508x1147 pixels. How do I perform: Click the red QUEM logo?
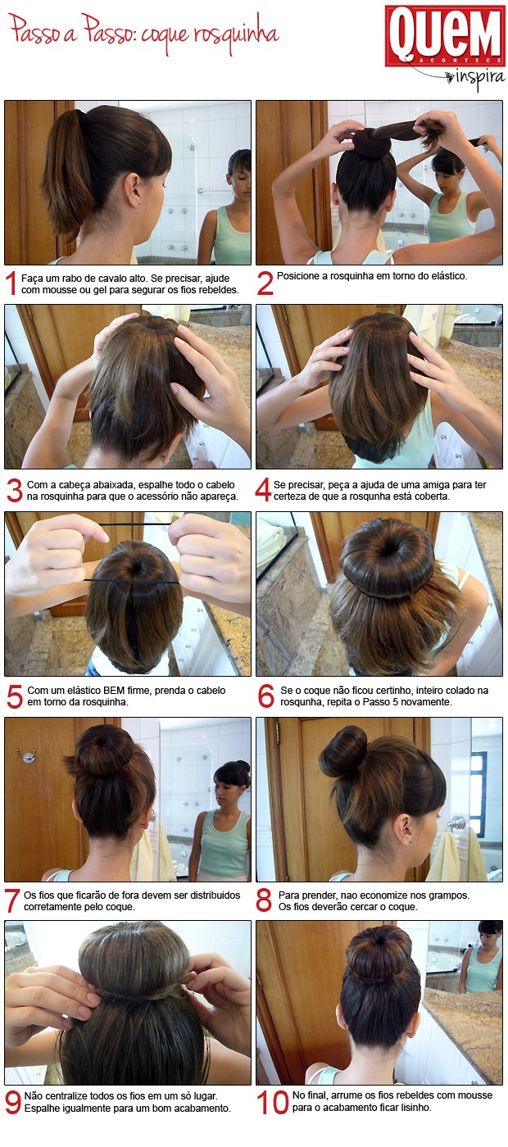pyautogui.click(x=445, y=36)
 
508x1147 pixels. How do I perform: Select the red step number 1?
pyautogui.click(x=11, y=283)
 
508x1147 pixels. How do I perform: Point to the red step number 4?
pyautogui.click(x=263, y=490)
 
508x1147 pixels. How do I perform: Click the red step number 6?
pyautogui.click(x=265, y=696)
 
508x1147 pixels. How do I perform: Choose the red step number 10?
pyautogui.click(x=272, y=1103)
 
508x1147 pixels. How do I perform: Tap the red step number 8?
pyautogui.click(x=263, y=900)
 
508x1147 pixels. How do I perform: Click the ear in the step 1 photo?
pyautogui.click(x=134, y=190)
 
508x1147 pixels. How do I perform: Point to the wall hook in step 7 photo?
pyautogui.click(x=25, y=754)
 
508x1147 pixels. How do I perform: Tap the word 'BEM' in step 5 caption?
pyautogui.click(x=114, y=690)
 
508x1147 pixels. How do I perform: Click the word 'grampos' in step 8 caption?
pyautogui.click(x=450, y=895)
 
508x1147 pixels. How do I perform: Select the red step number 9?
pyautogui.click(x=12, y=1103)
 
